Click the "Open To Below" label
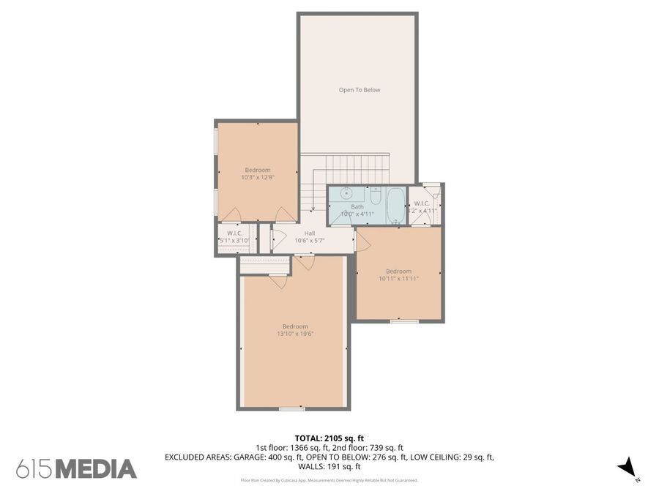[359, 90]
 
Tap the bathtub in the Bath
[395, 206]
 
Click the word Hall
[309, 233]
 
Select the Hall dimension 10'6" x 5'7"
[309, 240]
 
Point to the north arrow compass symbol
[626, 466]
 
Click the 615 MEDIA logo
[76, 468]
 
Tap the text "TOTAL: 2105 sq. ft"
[329, 438]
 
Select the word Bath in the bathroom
[357, 206]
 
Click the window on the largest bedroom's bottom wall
[292, 408]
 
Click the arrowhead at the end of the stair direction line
[313, 209]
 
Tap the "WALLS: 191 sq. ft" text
[329, 466]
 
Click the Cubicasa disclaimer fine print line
[329, 481]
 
